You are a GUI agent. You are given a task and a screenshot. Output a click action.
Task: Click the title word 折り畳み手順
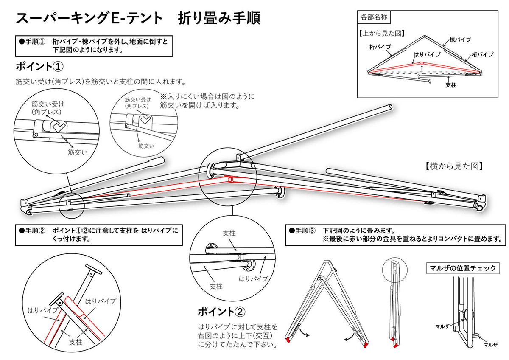tap(219, 18)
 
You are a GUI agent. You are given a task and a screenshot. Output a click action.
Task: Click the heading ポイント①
tap(39, 67)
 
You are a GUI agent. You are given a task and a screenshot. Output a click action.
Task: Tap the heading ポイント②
tap(221, 312)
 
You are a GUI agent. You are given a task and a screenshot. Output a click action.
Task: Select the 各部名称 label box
tap(374, 17)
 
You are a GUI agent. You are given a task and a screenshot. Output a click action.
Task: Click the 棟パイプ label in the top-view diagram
tap(460, 40)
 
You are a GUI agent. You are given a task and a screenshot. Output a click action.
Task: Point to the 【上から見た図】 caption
tap(382, 34)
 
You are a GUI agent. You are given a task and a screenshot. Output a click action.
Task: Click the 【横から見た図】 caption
tap(454, 166)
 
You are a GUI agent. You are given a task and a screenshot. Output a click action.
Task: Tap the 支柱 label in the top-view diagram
tap(451, 85)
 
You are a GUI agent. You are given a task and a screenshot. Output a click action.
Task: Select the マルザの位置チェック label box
tap(463, 268)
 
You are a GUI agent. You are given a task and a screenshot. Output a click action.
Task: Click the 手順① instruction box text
tap(94, 46)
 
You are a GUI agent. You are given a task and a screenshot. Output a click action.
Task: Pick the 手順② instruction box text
tap(98, 235)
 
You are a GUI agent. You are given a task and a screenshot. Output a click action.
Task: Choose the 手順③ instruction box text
tap(395, 235)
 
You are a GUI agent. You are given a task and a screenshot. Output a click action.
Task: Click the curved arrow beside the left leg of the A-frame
tap(305, 332)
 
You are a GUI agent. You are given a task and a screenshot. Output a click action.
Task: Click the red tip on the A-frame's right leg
tap(366, 345)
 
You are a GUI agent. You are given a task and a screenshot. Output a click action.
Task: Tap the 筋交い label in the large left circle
tap(78, 152)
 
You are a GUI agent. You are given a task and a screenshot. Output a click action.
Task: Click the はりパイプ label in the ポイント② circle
tap(254, 279)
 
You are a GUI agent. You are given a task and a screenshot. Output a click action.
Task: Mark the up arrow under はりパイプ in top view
tap(422, 68)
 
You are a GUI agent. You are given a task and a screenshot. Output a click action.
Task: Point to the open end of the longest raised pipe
tap(390, 107)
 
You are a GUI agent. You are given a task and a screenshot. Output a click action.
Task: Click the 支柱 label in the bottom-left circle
tap(76, 342)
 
